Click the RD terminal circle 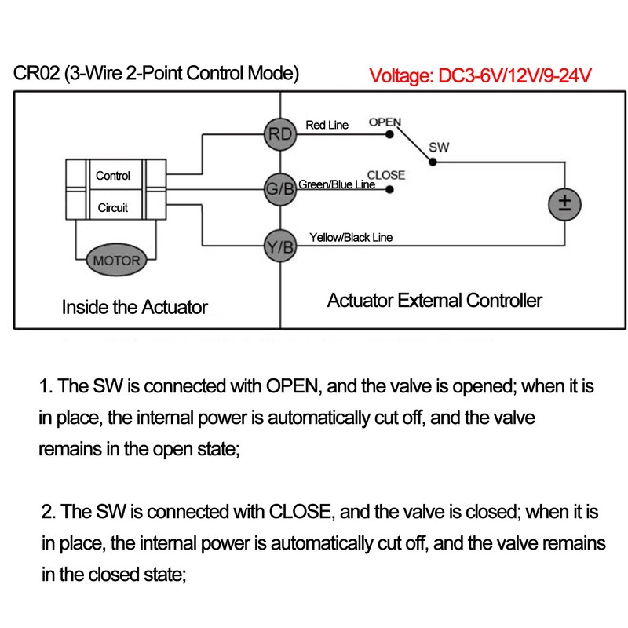coord(280,134)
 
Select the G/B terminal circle coord(280,189)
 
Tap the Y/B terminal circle coord(280,246)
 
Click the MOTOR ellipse coord(116,261)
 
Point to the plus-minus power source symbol coord(564,204)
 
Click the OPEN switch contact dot coord(389,134)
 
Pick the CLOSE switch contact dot coord(389,189)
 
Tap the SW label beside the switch coord(439,148)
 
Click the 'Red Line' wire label coord(327,125)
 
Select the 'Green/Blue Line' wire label coord(337,184)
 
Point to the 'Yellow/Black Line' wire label coord(351,238)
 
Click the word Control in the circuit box coord(113,175)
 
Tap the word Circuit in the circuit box coord(113,207)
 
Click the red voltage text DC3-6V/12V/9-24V coord(515,75)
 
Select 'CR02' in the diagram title coord(36,73)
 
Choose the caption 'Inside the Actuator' coord(134,307)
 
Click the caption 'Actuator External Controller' coord(435,301)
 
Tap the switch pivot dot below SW coord(433,162)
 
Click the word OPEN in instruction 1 coord(292,386)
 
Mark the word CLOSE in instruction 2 coord(300,512)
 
